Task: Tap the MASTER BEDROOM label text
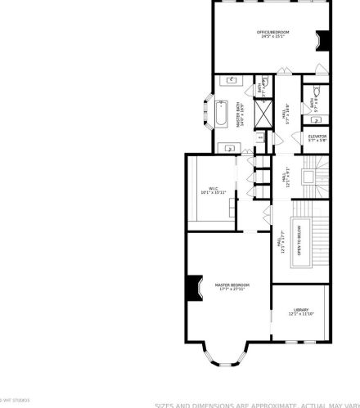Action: (x=232, y=285)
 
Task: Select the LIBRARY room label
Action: (x=301, y=309)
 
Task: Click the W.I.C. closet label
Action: (x=212, y=188)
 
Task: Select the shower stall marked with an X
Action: (x=264, y=112)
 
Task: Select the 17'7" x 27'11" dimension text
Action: (x=232, y=289)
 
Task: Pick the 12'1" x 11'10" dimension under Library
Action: (x=301, y=314)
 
